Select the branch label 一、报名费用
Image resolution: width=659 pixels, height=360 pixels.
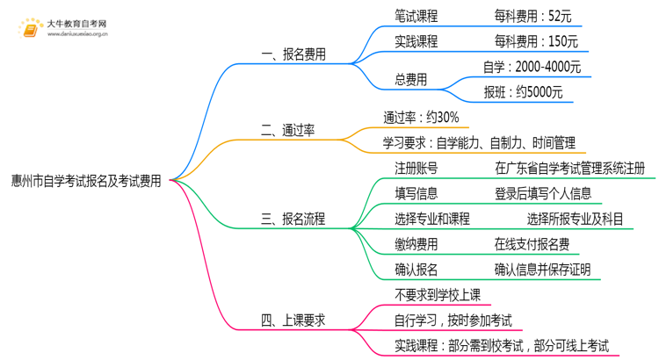(x=293, y=54)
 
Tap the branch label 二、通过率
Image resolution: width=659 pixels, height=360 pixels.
(x=288, y=131)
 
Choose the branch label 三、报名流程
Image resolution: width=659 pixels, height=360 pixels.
(x=293, y=219)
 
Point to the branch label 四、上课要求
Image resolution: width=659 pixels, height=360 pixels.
(x=293, y=320)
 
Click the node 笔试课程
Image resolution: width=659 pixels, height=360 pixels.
(x=416, y=16)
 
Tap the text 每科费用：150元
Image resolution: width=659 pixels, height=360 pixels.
(x=536, y=41)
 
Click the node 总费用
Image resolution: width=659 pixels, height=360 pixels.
(x=410, y=80)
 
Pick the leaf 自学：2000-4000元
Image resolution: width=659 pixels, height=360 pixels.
(x=532, y=67)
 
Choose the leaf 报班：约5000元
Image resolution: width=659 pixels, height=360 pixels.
(x=524, y=92)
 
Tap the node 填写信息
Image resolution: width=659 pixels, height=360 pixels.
(x=416, y=193)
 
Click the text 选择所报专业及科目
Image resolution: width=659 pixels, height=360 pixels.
(x=575, y=219)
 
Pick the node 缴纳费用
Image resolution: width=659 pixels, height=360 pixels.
(x=416, y=244)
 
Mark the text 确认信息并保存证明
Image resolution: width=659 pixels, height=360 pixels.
(x=542, y=270)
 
